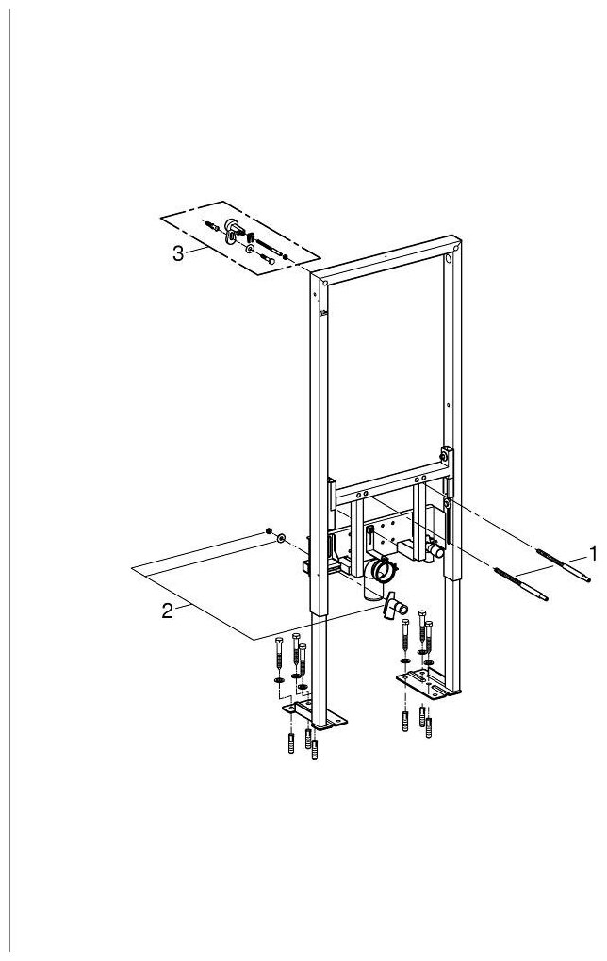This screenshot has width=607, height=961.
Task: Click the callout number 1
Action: [593, 548]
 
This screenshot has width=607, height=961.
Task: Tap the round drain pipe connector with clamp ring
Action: [381, 571]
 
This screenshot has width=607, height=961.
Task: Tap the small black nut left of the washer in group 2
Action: [270, 531]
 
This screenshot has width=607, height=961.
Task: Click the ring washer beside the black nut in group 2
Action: [281, 538]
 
